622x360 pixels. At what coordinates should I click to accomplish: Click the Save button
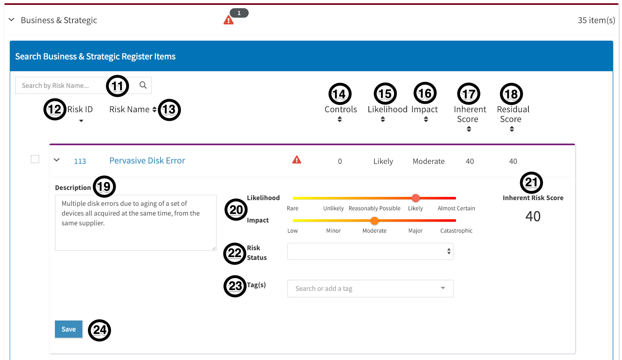click(68, 329)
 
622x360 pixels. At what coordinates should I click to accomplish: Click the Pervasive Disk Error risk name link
click(147, 161)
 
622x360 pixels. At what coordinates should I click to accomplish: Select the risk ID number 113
click(80, 161)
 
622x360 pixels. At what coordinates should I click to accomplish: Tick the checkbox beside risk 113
click(35, 159)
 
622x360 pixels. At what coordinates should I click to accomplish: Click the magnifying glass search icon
click(143, 85)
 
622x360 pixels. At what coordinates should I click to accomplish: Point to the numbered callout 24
click(100, 330)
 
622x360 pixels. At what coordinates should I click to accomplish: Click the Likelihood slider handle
click(415, 198)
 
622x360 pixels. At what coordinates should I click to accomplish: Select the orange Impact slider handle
click(375, 221)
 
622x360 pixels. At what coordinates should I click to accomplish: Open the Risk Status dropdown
click(370, 251)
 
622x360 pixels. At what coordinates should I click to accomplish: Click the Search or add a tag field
click(370, 288)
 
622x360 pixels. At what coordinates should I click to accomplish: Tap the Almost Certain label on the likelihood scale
click(456, 208)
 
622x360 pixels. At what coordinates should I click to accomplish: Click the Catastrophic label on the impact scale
click(456, 231)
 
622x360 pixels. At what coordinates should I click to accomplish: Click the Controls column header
click(341, 110)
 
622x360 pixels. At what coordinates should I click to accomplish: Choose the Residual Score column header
click(513, 114)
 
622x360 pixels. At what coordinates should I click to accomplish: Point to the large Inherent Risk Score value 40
click(533, 216)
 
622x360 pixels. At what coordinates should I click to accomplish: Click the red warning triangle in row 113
click(297, 160)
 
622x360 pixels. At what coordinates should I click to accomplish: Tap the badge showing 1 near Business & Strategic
click(239, 13)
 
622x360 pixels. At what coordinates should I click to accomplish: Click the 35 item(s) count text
click(596, 20)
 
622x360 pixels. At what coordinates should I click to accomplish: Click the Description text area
click(136, 223)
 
